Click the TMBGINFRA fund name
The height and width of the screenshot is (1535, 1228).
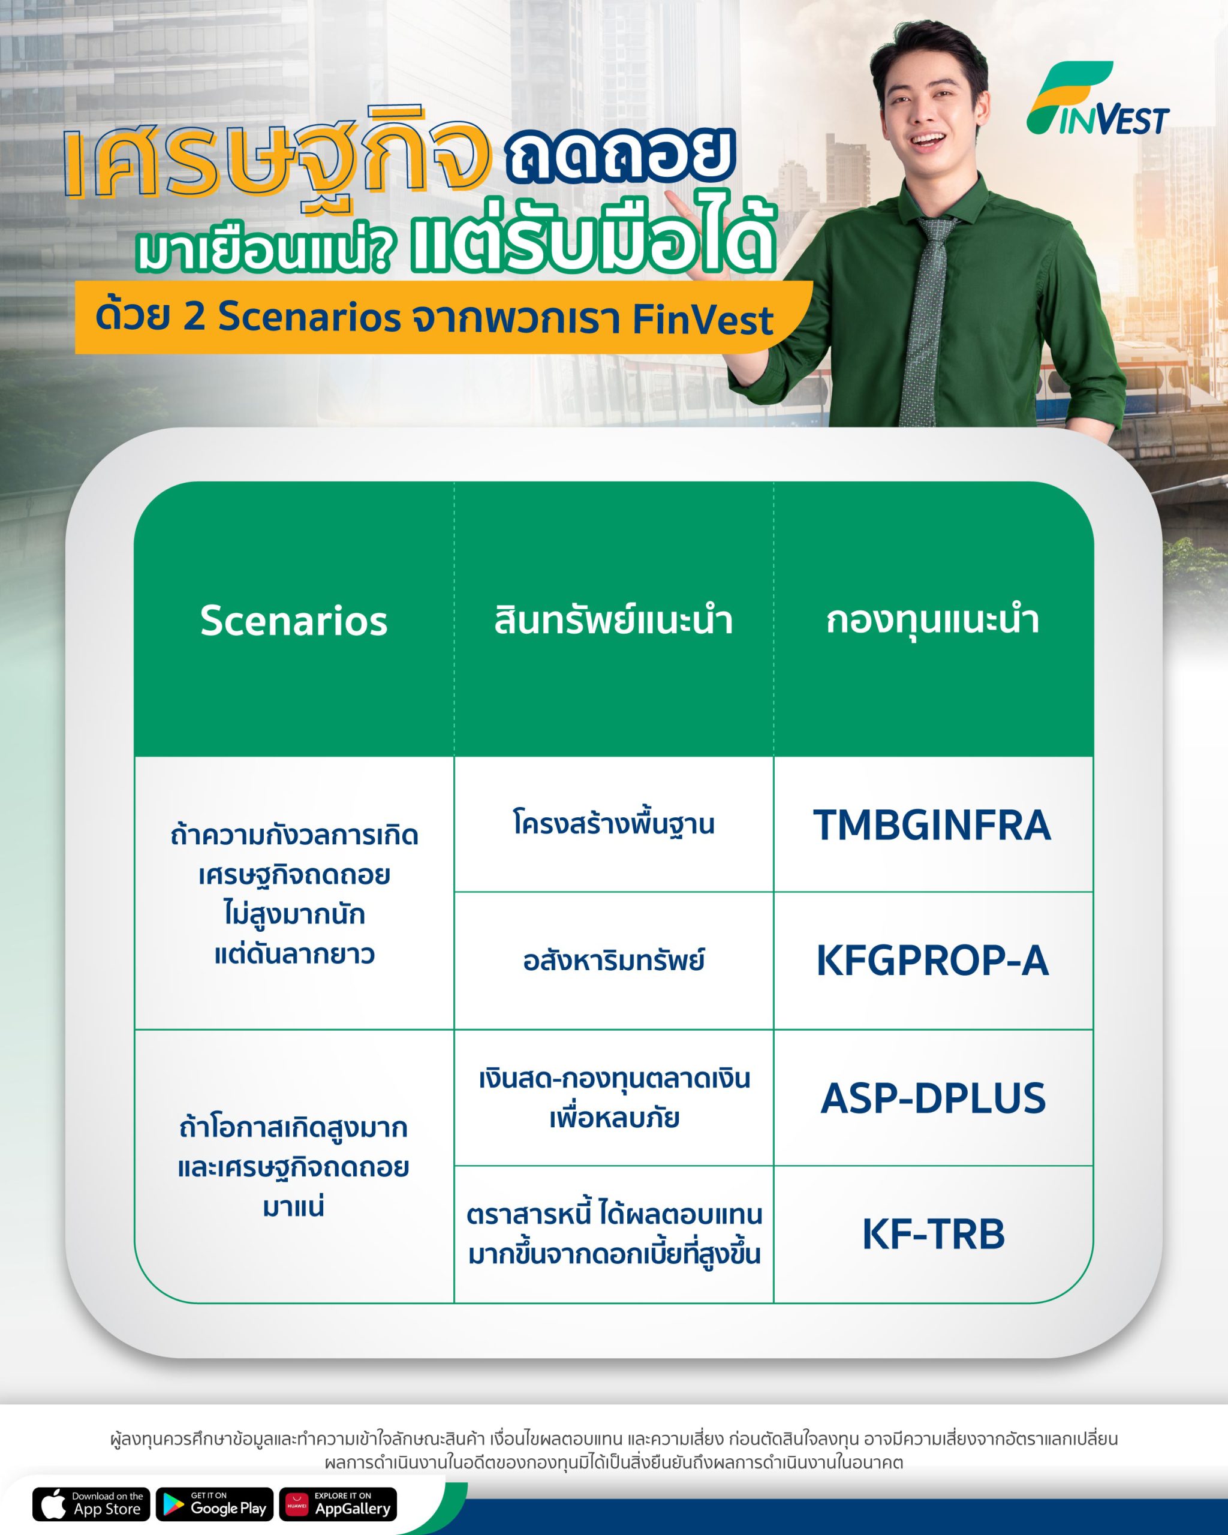click(x=932, y=824)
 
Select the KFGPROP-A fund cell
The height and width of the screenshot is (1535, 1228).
click(x=932, y=961)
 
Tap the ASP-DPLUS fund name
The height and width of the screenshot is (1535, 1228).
click(x=933, y=1098)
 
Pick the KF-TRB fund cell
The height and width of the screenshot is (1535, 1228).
click(x=932, y=1234)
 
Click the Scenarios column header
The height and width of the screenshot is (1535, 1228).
click(x=294, y=620)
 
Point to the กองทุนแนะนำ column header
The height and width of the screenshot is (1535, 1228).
click(x=932, y=620)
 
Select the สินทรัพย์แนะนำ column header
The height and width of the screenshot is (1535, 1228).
click(x=613, y=620)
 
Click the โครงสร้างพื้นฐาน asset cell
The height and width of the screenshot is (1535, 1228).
click(x=613, y=824)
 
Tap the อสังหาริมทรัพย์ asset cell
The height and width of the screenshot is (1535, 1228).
click(x=613, y=961)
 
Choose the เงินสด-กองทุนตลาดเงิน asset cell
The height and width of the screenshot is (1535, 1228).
click(x=613, y=1098)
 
